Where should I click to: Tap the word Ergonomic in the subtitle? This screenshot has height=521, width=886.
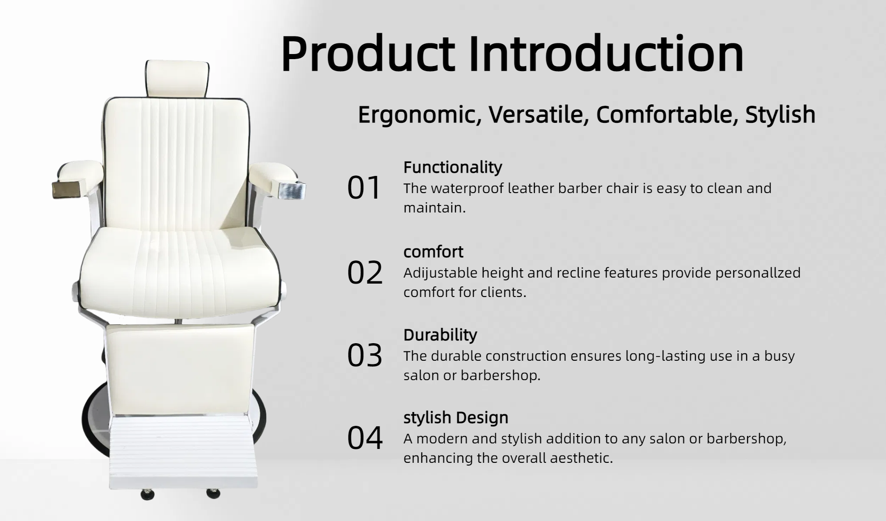point(419,115)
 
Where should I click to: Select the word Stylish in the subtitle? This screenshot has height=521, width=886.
point(780,115)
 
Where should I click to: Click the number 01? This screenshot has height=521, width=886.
point(364,188)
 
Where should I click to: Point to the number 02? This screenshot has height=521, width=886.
point(365,273)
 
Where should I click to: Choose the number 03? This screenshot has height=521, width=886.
point(365,356)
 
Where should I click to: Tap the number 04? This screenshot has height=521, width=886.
point(365,438)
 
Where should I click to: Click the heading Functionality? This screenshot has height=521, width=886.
point(453,167)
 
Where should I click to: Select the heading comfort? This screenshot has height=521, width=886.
point(433,252)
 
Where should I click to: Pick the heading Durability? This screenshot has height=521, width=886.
point(440,335)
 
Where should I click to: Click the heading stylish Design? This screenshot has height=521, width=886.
point(456,418)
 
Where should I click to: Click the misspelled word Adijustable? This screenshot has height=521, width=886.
point(440,273)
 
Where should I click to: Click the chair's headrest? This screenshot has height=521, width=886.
point(178,79)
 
